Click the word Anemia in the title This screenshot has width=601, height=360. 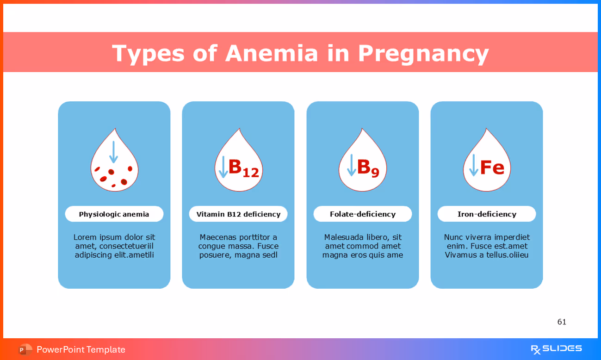coord(272,53)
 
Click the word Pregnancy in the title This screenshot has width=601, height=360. coord(423,54)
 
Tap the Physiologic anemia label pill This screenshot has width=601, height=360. coord(114,214)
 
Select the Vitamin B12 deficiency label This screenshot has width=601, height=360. coord(238,214)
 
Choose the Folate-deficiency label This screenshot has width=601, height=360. coord(362,214)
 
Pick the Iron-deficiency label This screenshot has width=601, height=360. coord(487,214)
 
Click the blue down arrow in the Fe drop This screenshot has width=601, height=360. coord(473,165)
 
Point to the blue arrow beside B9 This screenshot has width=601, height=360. coord(351,165)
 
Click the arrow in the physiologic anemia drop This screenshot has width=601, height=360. coord(113,152)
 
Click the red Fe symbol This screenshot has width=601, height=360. coord(492,168)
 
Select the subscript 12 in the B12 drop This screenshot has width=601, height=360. coord(251,173)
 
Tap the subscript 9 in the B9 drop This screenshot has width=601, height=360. coord(375,173)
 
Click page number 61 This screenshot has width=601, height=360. coord(562,322)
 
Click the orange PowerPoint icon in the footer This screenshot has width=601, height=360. coord(25,349)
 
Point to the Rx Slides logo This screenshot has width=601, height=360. coord(556,349)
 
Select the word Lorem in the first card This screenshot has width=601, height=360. coord(85,237)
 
